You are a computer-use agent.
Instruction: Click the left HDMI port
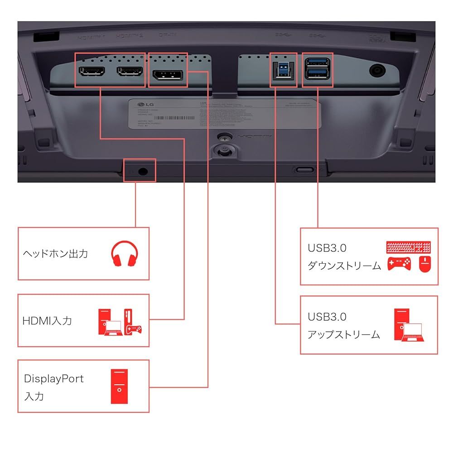tap(92, 71)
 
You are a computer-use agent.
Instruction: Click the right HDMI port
tap(130, 71)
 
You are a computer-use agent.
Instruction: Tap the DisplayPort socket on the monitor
tap(167, 76)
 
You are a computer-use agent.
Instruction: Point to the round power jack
tap(377, 70)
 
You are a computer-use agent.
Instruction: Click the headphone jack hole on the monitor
tap(143, 171)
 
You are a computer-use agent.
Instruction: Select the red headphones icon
tap(124, 254)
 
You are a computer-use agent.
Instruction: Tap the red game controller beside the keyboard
tap(399, 263)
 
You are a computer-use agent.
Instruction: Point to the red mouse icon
tap(424, 264)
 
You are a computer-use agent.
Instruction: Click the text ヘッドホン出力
tap(55, 254)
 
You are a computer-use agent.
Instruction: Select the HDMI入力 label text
tap(47, 321)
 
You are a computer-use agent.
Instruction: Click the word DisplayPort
tap(54, 378)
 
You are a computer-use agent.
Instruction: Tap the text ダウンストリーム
tap(344, 266)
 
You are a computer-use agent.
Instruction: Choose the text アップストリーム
tap(344, 335)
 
